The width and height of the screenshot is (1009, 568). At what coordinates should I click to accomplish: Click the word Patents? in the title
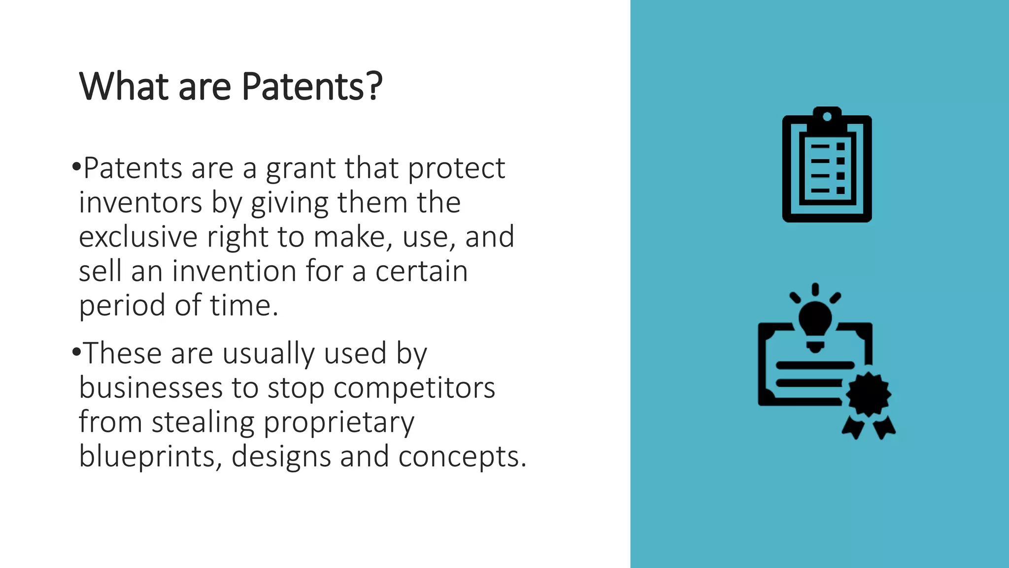click(312, 87)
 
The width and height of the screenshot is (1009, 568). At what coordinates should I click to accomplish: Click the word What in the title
click(124, 87)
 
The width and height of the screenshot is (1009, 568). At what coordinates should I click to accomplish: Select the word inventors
click(140, 203)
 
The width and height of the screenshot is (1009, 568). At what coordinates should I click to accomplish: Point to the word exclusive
click(138, 237)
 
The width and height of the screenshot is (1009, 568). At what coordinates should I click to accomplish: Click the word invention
click(234, 271)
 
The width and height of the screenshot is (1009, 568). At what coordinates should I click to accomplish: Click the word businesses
click(151, 388)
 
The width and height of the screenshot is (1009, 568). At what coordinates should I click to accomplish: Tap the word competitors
click(414, 388)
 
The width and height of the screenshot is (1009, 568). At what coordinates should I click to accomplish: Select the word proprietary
click(339, 423)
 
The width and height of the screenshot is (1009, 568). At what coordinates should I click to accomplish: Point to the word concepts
click(462, 457)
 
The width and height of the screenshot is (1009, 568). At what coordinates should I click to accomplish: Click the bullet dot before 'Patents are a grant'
click(76, 167)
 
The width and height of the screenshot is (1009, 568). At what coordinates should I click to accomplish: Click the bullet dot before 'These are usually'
click(76, 352)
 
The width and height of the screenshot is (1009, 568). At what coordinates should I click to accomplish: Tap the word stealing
click(203, 423)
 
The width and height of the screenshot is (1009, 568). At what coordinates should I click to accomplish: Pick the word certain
click(421, 271)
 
